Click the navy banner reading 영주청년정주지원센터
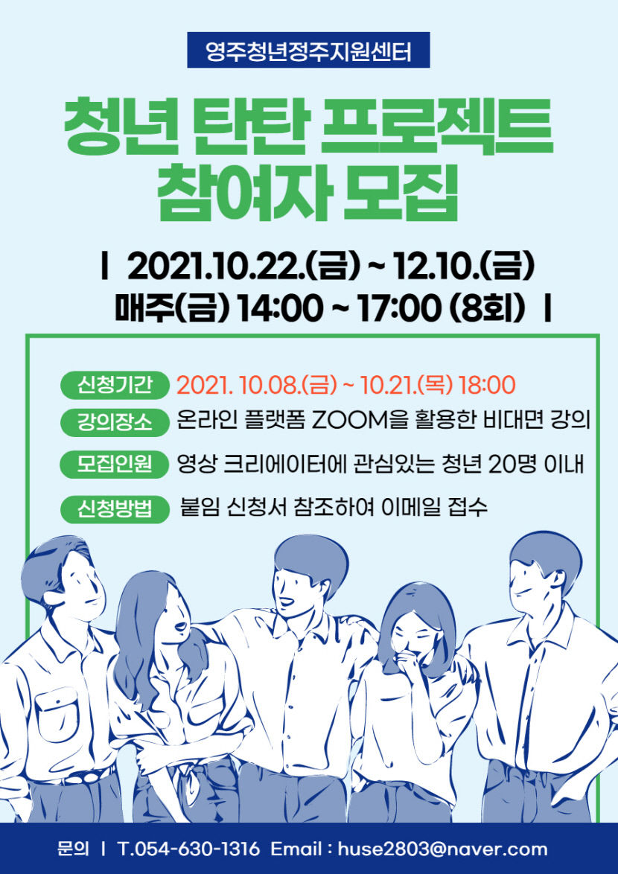(308, 51)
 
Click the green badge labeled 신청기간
(115, 385)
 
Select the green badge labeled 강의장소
(115, 422)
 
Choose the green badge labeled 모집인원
(115, 465)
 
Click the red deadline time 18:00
(487, 385)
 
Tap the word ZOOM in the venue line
(349, 421)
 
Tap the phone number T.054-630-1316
(189, 849)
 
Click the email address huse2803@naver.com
(442, 849)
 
